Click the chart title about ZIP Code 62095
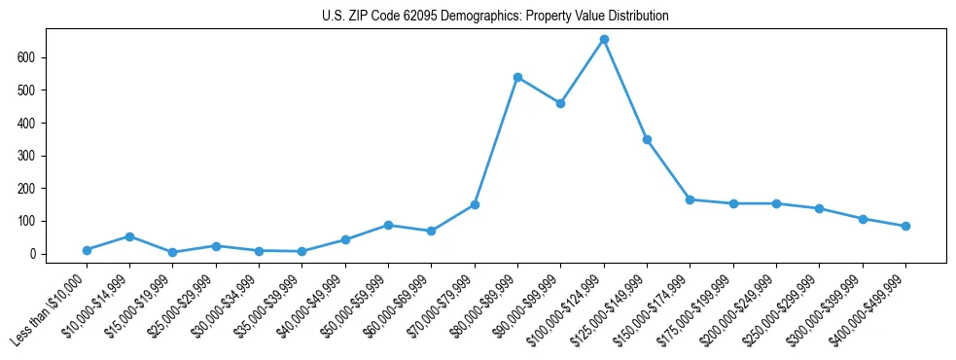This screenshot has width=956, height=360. tap(495, 17)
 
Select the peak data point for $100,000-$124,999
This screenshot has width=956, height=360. tap(604, 39)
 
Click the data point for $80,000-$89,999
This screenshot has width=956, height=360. tap(517, 77)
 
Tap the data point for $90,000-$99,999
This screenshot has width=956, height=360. tap(560, 103)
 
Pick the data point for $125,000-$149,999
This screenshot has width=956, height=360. tap(647, 139)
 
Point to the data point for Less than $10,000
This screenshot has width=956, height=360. tap(87, 250)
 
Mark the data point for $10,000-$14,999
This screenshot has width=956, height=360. tap(129, 236)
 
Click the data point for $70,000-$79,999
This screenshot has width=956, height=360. tap(475, 204)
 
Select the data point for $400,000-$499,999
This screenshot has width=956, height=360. tap(905, 226)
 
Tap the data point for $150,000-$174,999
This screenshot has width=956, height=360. tap(690, 199)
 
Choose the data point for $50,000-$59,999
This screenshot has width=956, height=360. tap(388, 225)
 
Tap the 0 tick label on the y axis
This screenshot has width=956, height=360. tap(41, 254)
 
